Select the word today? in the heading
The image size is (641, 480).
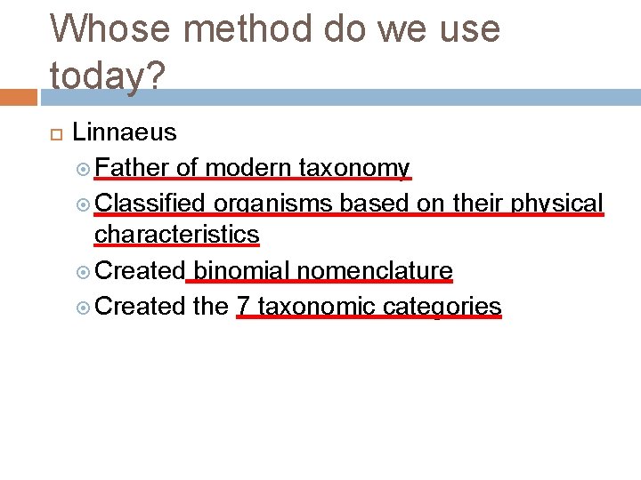[x=108, y=76]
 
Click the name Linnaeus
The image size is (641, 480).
[x=125, y=133]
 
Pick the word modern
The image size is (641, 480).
[x=248, y=168]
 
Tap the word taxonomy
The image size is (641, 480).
[x=354, y=168]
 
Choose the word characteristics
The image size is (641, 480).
[x=176, y=235]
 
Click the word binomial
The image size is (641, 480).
[x=239, y=270]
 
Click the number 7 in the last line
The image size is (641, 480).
[x=243, y=307]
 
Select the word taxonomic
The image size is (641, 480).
[x=316, y=307]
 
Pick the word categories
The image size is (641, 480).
[x=442, y=307]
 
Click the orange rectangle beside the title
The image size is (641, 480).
[x=18, y=96]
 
